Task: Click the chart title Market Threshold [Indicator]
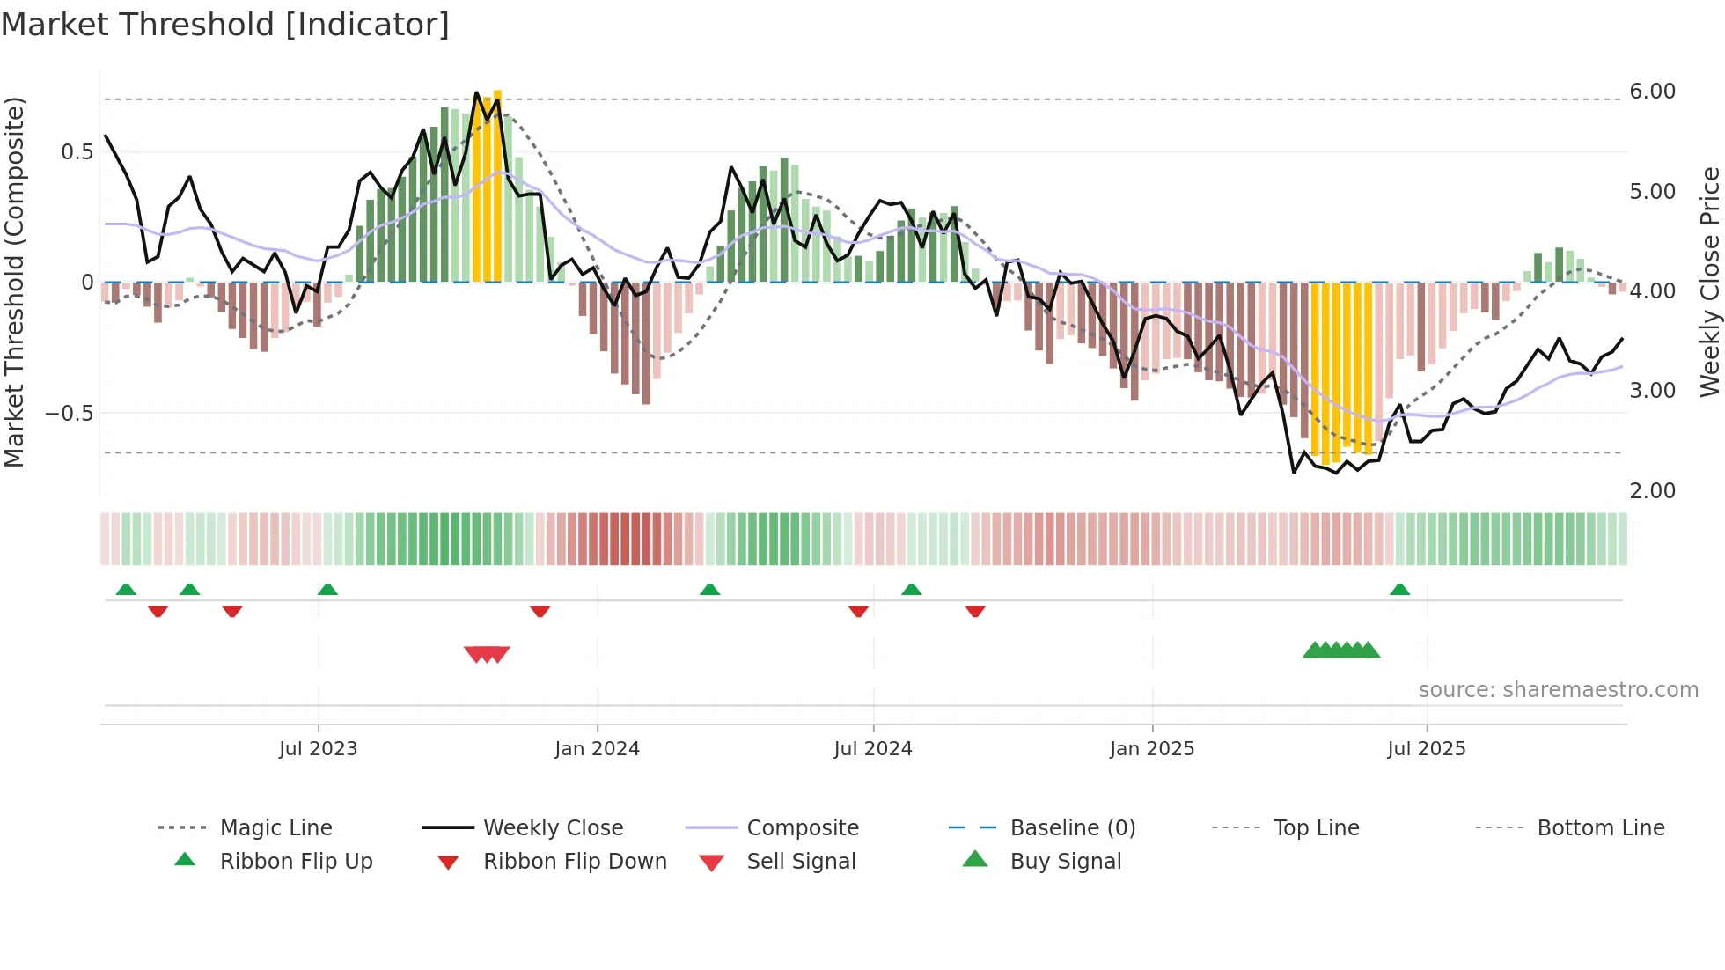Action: tap(225, 25)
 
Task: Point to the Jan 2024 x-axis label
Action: tap(597, 749)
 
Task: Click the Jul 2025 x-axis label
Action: tap(1426, 749)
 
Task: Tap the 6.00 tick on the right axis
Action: tap(1652, 92)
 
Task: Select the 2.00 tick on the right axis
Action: tap(1652, 491)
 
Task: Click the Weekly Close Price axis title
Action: tap(1709, 282)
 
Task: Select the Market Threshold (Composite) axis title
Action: tap(14, 282)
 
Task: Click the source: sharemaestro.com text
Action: tap(1558, 690)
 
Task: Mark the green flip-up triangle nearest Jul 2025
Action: tap(1399, 590)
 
